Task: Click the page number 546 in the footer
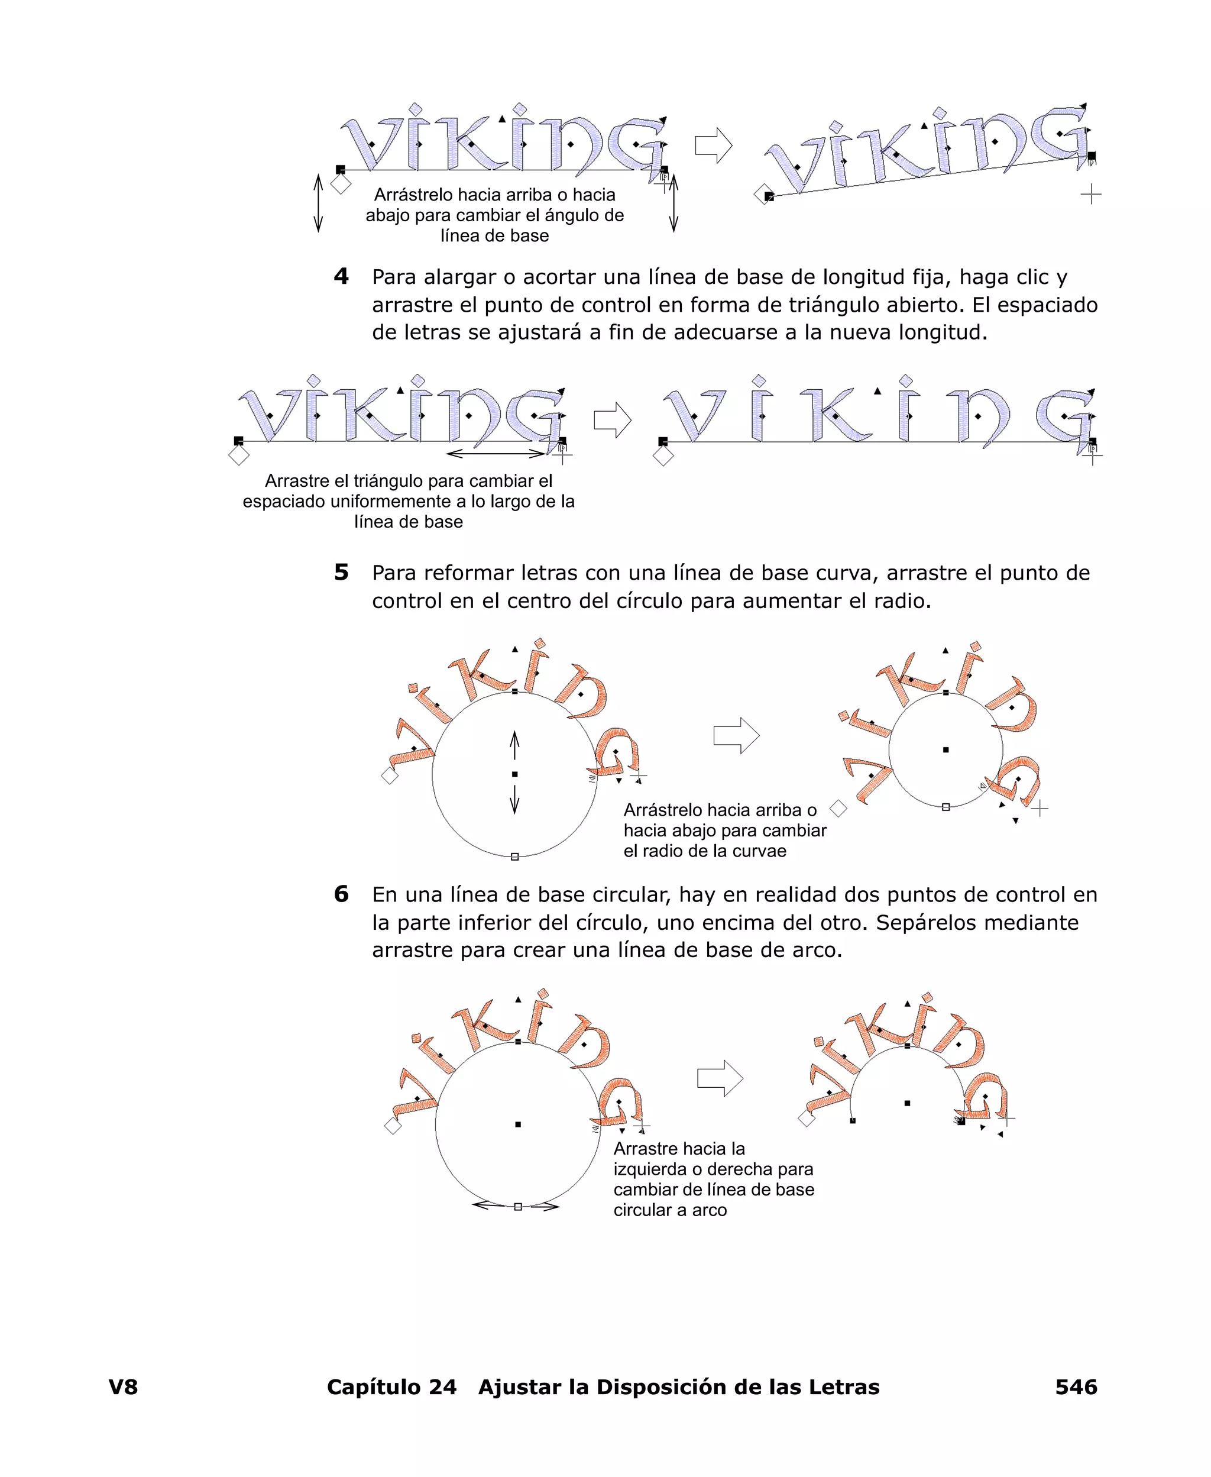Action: point(1076,1386)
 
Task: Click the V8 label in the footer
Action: point(123,1386)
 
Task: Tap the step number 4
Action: point(341,276)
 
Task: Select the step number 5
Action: point(341,572)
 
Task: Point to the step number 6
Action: point(341,894)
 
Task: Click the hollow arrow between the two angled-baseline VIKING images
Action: point(714,146)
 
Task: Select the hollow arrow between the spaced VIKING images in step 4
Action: point(613,420)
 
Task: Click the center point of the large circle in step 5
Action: point(515,774)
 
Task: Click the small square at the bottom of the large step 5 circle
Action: point(515,857)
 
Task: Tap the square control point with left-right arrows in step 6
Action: point(517,1206)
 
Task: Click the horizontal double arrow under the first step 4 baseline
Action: point(496,454)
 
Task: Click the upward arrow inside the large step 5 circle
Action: point(515,745)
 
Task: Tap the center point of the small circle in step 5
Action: point(946,750)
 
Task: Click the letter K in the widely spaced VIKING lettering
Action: point(835,416)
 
